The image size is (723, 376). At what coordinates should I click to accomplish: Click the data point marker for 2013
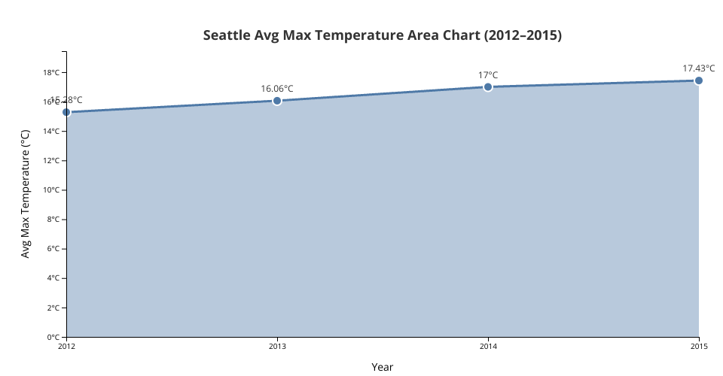[x=277, y=101]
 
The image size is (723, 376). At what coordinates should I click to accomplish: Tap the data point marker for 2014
[x=488, y=87]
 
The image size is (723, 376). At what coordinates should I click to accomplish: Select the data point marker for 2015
[x=699, y=80]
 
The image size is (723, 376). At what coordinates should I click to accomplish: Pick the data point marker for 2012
[x=66, y=112]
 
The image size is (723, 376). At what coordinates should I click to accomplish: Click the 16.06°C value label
[x=277, y=89]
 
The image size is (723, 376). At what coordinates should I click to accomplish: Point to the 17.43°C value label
[x=698, y=68]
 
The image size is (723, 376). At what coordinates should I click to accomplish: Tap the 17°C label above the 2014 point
[x=488, y=75]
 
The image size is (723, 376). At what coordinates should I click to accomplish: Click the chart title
[x=383, y=35]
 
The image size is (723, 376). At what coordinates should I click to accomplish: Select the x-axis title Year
[x=383, y=367]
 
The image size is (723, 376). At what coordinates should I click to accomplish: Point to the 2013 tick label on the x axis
[x=277, y=346]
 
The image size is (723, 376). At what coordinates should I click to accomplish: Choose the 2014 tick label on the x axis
[x=488, y=346]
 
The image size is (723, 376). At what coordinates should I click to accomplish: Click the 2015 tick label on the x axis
[x=699, y=346]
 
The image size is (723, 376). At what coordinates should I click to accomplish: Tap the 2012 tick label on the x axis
[x=66, y=346]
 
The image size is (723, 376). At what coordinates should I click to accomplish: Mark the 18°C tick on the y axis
[x=51, y=73]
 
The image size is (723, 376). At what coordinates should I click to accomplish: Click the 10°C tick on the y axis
[x=51, y=190]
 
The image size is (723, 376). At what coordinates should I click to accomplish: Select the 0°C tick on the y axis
[x=53, y=337]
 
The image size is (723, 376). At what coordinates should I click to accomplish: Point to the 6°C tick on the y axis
[x=53, y=249]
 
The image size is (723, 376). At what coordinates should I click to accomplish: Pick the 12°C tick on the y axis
[x=51, y=161]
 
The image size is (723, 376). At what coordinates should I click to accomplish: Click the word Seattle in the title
[x=227, y=35]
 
